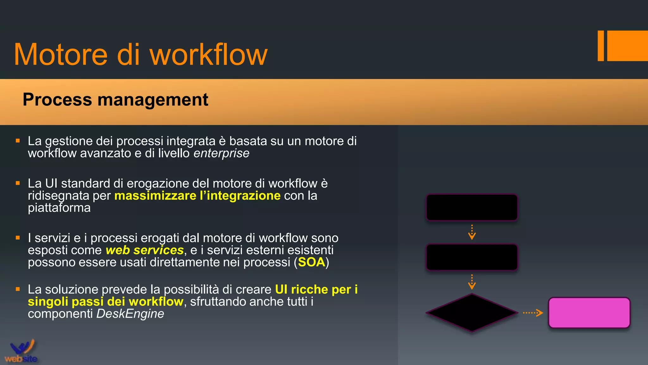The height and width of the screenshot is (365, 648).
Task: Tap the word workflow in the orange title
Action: coord(209,55)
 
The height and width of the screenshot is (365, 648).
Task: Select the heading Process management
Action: coord(115,99)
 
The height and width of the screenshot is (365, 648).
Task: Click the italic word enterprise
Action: coord(221,153)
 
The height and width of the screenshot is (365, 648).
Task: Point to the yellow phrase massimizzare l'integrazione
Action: coord(197,196)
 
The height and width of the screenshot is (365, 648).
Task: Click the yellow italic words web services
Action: coord(145,250)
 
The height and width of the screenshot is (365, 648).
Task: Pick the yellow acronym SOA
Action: coord(312,262)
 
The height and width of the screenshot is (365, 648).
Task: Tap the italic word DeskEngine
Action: coord(130,314)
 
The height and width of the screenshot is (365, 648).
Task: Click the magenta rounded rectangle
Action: coord(589,313)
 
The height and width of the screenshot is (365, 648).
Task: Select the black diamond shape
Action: coord(471,313)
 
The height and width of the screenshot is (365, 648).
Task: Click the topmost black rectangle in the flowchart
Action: coord(471,207)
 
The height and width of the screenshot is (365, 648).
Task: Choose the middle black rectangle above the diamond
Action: coord(471,257)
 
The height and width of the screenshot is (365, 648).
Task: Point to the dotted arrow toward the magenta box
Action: coord(533,313)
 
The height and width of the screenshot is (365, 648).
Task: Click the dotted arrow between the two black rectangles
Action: coord(472,232)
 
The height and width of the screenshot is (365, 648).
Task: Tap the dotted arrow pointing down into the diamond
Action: coord(472,282)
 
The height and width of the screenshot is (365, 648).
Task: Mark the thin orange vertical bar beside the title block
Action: coord(601,46)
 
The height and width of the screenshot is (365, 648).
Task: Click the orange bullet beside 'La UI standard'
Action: coord(18,183)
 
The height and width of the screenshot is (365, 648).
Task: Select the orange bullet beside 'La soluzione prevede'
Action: coord(18,289)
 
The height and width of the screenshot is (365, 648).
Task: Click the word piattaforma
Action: coord(59,208)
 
